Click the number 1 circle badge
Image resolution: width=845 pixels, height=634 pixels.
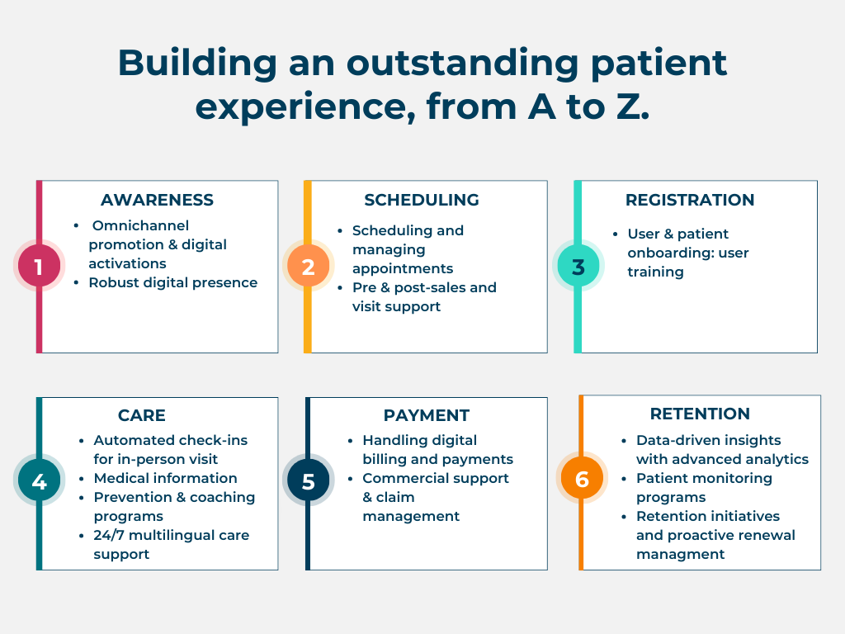(x=39, y=266)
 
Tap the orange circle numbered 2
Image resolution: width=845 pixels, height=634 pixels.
(x=308, y=266)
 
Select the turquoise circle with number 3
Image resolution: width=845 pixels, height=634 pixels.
(x=578, y=266)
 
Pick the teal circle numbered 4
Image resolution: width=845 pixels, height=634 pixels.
(x=39, y=480)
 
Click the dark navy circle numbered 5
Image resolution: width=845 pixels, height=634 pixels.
(x=308, y=480)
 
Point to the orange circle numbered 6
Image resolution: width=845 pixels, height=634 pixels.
(x=582, y=479)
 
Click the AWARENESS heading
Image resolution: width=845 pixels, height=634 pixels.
(x=157, y=200)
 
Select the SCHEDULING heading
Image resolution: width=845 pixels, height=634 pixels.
(x=421, y=200)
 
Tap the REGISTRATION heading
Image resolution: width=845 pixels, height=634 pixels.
(x=690, y=200)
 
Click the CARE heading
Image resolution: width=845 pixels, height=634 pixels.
(x=142, y=415)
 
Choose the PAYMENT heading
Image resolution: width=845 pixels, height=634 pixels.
(x=427, y=415)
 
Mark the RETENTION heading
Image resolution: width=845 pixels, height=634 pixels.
(x=700, y=414)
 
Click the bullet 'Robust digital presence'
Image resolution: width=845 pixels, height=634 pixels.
(x=173, y=282)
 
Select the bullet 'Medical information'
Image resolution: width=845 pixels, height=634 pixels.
(x=165, y=478)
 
